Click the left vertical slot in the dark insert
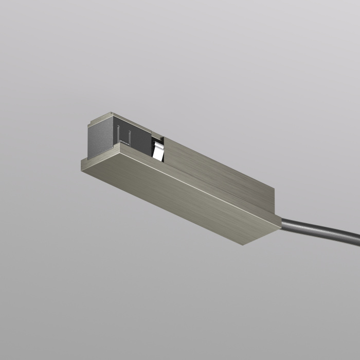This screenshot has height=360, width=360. [119, 135]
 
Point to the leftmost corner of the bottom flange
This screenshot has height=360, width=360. [81, 160]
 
